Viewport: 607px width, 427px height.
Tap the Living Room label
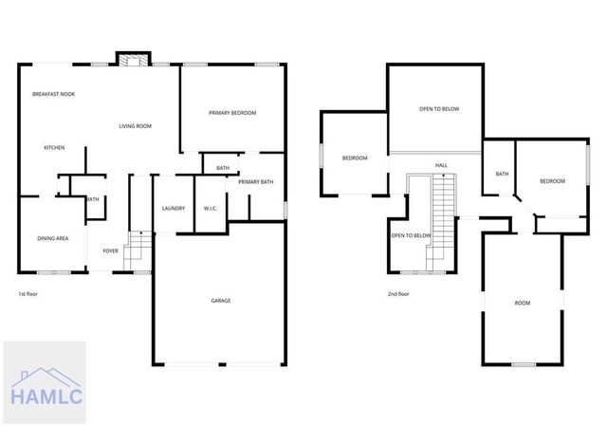coord(136,126)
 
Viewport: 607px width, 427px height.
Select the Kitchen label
coord(54,148)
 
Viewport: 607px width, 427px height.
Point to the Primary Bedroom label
coord(233,113)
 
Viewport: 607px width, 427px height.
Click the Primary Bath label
coord(256,182)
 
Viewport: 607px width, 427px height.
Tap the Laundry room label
coord(173,209)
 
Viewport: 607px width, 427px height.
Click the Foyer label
coord(111,251)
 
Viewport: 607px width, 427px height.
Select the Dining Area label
coord(53,238)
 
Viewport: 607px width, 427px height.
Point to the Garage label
coord(221,301)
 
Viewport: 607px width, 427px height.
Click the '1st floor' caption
coord(29,294)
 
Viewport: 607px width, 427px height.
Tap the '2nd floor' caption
coord(399,294)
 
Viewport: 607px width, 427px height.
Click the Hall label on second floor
coord(441,166)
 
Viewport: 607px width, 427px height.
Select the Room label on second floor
coord(523,303)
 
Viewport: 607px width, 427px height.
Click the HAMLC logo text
coord(45,395)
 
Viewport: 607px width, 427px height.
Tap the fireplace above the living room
coord(132,59)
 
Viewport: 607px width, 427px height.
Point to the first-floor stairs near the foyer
coord(138,249)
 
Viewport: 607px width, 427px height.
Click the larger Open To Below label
coord(439,109)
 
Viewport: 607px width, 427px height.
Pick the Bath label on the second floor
coord(502,174)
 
